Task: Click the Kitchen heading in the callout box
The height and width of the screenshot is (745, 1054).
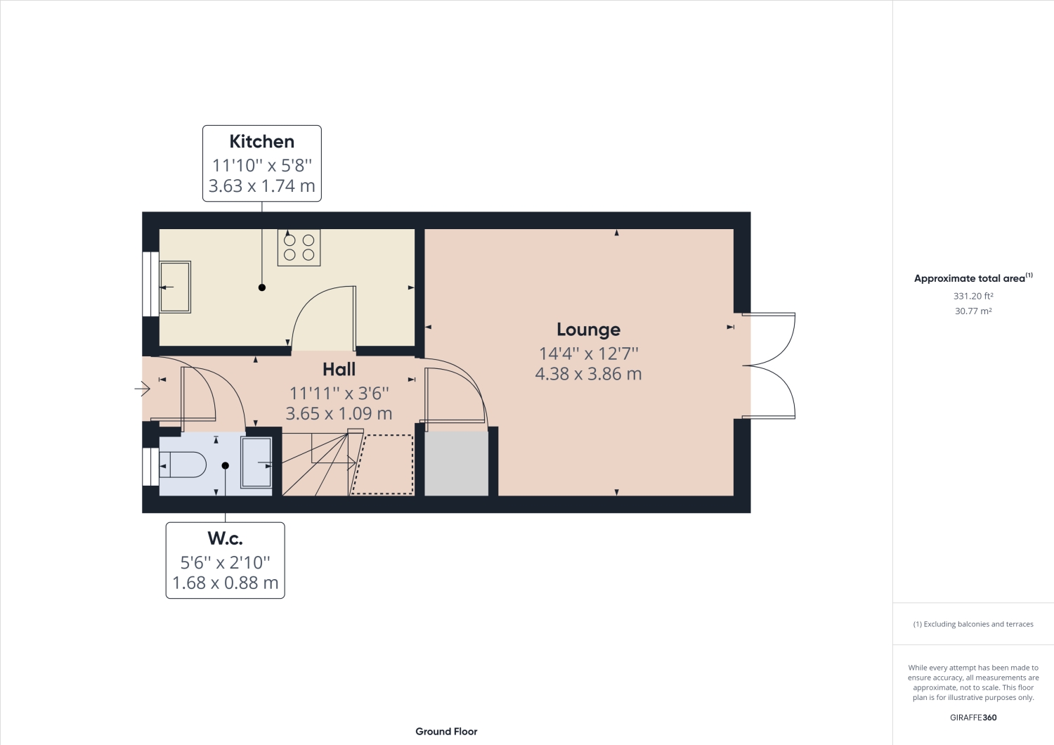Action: coord(261,141)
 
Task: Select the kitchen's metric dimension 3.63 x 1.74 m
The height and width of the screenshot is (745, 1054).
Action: coord(261,186)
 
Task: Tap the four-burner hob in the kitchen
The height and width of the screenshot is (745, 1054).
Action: coord(299,247)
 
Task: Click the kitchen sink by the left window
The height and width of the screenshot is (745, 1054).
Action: coord(175,287)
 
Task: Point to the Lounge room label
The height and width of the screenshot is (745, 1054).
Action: coord(588,330)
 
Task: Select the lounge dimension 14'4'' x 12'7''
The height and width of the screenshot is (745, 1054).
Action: coord(588,354)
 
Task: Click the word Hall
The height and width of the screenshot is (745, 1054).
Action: coord(339,369)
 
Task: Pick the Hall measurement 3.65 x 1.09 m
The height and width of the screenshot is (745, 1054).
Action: coord(339,414)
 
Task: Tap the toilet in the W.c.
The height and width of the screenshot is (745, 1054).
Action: coord(183,465)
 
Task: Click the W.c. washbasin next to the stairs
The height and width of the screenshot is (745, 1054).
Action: coord(256,462)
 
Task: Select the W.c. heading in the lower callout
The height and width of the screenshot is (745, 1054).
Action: coord(225,538)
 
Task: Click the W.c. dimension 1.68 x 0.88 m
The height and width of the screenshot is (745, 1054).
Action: coord(225,583)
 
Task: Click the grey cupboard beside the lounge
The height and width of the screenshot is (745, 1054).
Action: coord(457,464)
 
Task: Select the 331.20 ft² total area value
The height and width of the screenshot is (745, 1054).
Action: coord(973,297)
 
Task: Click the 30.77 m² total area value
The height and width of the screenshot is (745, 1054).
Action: coord(973,311)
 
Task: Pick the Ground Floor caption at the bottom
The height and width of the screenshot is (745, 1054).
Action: coord(446,732)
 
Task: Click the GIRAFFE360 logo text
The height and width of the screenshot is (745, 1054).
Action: coord(973,718)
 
